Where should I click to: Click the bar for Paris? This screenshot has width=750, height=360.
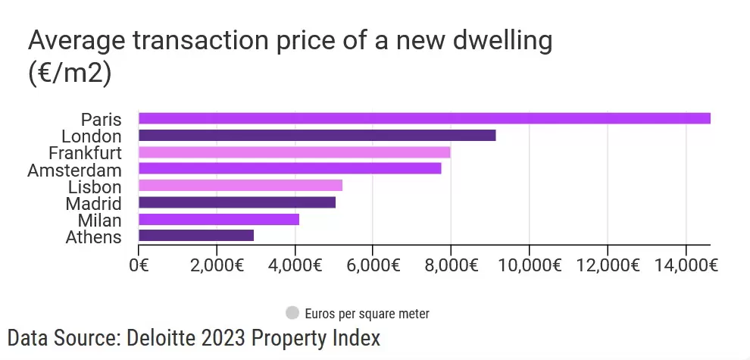click(x=424, y=118)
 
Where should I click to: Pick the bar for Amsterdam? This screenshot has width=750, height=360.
click(x=289, y=169)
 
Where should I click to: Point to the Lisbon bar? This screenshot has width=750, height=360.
click(x=240, y=186)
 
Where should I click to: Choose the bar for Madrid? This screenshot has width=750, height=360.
click(x=236, y=202)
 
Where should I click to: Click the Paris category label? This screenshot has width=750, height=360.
click(x=101, y=119)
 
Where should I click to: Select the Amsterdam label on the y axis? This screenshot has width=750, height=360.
click(x=74, y=170)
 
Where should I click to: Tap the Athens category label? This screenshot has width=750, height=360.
click(x=93, y=237)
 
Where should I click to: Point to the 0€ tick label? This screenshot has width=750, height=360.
click(x=139, y=265)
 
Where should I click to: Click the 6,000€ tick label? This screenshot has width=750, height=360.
click(x=373, y=265)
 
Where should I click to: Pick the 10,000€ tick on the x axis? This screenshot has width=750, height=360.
click(x=529, y=265)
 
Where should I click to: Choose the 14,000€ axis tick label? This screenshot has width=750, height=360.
click(x=686, y=265)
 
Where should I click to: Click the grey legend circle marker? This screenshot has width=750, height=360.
click(x=292, y=312)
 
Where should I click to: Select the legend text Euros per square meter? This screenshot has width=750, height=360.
click(x=367, y=313)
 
